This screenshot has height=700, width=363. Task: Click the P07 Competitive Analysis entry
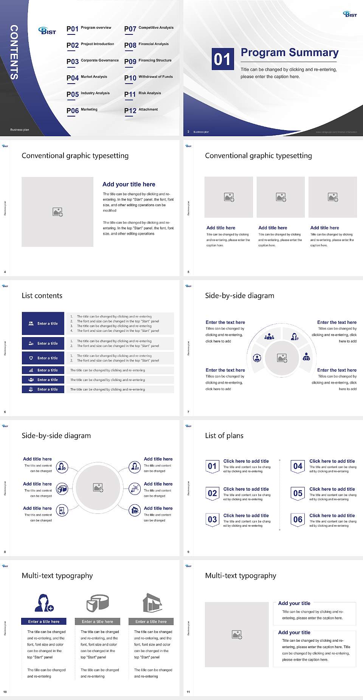click(x=149, y=28)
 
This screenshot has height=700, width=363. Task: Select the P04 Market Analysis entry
click(x=87, y=78)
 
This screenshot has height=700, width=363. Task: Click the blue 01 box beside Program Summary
click(x=222, y=59)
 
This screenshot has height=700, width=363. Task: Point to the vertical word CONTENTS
click(x=14, y=52)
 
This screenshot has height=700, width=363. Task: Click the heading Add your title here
click(x=129, y=184)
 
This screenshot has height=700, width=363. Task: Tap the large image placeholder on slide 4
click(x=57, y=212)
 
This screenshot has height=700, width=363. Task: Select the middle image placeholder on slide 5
click(x=281, y=197)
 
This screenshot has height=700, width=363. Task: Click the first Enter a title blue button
click(x=43, y=324)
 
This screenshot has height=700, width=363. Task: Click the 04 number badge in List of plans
click(x=298, y=467)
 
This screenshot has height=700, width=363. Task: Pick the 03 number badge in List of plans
click(x=213, y=520)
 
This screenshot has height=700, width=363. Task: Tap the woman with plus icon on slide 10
click(x=43, y=603)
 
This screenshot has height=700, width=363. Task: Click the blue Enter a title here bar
click(x=43, y=621)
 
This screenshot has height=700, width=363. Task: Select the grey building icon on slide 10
click(x=152, y=603)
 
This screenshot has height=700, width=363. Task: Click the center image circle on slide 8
click(x=98, y=488)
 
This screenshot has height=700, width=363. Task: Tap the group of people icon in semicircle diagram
click(x=269, y=336)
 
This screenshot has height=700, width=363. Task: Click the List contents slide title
click(x=42, y=296)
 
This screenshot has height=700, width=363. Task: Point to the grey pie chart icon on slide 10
click(x=98, y=603)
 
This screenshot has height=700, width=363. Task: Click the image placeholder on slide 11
click(x=237, y=634)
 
